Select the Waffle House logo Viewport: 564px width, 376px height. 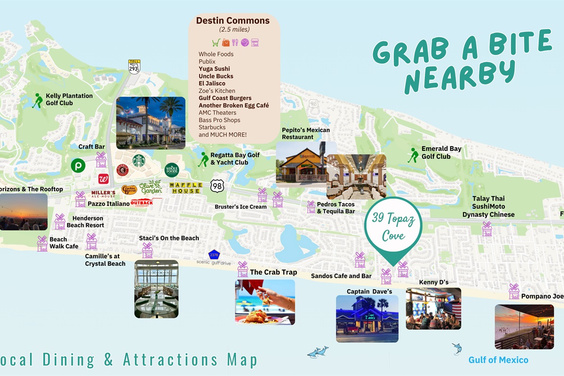[186, 188]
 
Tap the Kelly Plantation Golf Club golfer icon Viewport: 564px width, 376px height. [38, 100]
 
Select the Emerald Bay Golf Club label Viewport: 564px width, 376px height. [441, 153]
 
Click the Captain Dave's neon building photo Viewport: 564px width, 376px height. [367, 318]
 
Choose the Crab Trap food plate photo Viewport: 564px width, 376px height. [265, 302]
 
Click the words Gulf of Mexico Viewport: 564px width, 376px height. [498, 360]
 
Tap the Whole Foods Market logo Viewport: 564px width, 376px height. [172, 170]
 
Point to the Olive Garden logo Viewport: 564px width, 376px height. [150, 187]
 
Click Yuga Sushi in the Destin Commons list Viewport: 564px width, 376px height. [214, 69]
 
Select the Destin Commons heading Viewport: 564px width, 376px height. [233, 21]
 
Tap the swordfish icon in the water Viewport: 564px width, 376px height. [456, 348]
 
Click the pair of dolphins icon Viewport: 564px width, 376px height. [318, 352]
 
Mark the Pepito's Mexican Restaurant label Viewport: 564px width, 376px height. [305, 133]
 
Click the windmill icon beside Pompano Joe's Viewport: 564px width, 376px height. [514, 291]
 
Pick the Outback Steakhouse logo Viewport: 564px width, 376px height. [141, 203]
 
